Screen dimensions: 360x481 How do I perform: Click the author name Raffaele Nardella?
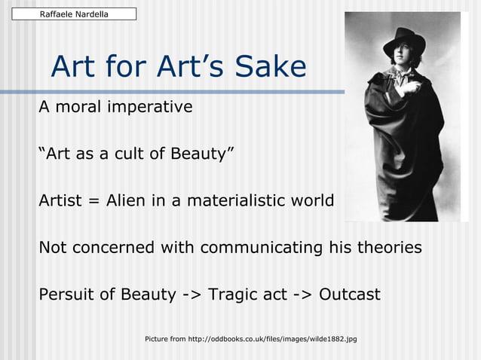(x=73, y=14)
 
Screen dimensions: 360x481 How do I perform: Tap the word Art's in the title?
(x=179, y=68)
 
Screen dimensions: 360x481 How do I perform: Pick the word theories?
(x=385, y=248)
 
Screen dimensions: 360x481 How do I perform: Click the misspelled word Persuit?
(x=67, y=294)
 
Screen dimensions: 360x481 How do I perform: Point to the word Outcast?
(x=350, y=294)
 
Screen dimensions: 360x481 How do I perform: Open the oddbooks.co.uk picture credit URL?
(x=272, y=340)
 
